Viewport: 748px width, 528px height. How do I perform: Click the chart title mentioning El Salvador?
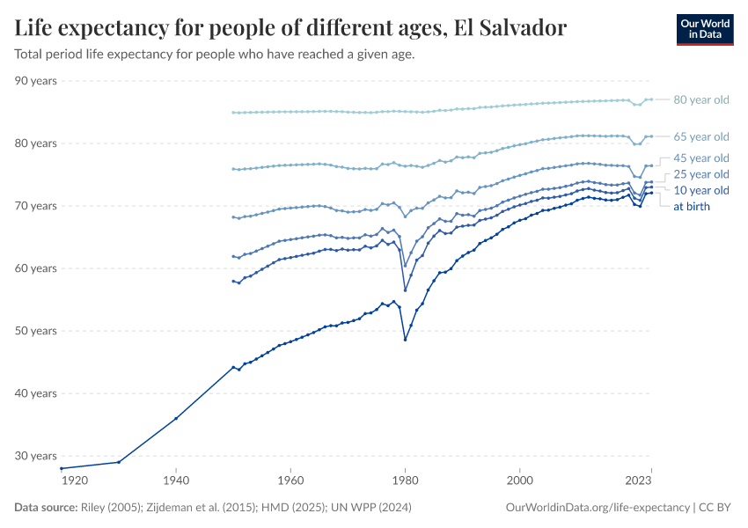click(x=290, y=28)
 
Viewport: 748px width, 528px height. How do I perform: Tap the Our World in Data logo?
click(x=704, y=29)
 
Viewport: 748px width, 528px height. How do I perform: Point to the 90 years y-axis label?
click(x=36, y=81)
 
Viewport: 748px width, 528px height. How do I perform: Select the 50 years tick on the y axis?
click(x=36, y=331)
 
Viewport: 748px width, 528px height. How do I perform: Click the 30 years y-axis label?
click(x=36, y=456)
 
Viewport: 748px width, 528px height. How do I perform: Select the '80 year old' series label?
click(x=700, y=100)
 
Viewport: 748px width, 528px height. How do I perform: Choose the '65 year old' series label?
click(x=700, y=136)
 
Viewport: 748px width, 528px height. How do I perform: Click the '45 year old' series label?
click(x=700, y=158)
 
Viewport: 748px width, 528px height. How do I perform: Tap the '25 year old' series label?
click(x=700, y=174)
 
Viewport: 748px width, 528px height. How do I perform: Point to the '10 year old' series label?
click(x=700, y=190)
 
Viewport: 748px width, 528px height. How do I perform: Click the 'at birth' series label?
click(x=691, y=207)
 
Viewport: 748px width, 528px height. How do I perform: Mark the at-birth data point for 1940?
click(x=176, y=418)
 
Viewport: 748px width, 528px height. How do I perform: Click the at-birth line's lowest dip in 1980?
click(x=405, y=340)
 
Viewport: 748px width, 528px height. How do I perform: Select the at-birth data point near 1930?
click(x=119, y=462)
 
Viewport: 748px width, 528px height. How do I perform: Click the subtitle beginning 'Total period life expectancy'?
click(x=215, y=54)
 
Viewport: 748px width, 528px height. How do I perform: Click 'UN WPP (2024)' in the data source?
click(x=369, y=508)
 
